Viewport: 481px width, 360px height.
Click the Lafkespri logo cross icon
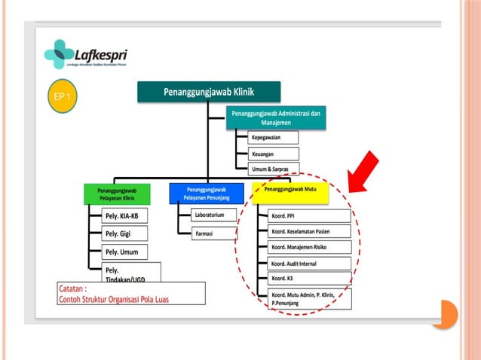pos(59,54)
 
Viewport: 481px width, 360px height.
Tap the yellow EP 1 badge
pos(63,97)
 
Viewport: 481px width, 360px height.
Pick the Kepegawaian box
pos(274,138)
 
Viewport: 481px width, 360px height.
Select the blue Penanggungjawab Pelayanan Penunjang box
pos(207,194)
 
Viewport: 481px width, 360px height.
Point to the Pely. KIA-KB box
pos(125,217)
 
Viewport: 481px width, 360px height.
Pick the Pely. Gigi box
pos(125,234)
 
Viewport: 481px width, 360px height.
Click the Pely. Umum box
pos(125,252)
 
